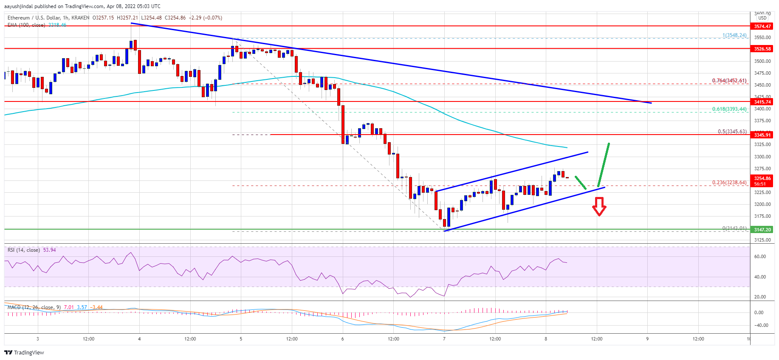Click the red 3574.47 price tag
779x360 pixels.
point(762,26)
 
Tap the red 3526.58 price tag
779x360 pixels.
point(762,49)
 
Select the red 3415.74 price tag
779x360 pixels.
point(762,102)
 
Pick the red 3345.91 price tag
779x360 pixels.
point(762,135)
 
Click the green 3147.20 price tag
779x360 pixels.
point(762,230)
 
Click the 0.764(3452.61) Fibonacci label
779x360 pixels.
point(729,81)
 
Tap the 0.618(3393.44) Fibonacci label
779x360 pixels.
point(729,109)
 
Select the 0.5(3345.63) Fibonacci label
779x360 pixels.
point(732,132)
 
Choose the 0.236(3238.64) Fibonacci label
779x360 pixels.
point(729,183)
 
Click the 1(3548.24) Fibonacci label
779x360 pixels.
point(734,35)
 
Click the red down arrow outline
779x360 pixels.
point(599,207)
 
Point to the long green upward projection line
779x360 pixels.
point(604,165)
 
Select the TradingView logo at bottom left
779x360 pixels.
point(24,352)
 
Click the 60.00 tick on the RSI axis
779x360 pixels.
point(759,256)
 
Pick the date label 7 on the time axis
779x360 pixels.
point(444,339)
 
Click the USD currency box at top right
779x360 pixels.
point(762,18)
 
